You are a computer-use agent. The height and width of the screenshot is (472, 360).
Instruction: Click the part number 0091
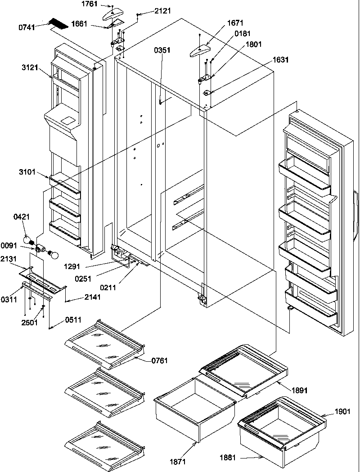9,246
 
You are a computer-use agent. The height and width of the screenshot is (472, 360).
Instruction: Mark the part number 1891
299,390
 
